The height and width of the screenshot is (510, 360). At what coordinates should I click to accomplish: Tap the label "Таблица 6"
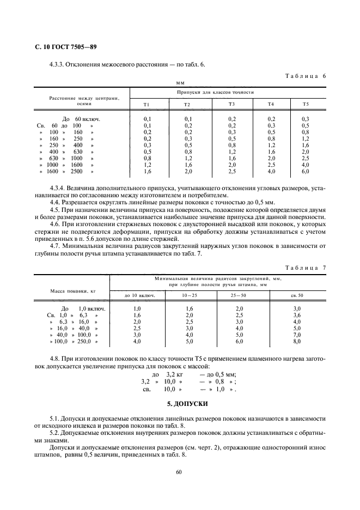(305, 76)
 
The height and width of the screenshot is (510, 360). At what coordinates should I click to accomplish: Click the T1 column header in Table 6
(147, 104)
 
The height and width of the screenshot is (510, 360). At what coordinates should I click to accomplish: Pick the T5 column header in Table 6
(305, 104)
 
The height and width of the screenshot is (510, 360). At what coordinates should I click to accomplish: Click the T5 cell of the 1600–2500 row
(305, 172)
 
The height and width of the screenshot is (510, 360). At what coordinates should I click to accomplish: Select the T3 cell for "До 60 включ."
(232, 119)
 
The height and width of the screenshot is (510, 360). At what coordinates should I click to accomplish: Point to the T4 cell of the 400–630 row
(271, 151)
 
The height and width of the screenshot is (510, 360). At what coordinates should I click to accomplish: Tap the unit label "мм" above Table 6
(180, 83)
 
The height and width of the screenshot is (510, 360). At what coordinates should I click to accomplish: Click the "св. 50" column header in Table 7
(297, 295)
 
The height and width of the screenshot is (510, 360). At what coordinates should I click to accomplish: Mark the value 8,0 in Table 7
(297, 342)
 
